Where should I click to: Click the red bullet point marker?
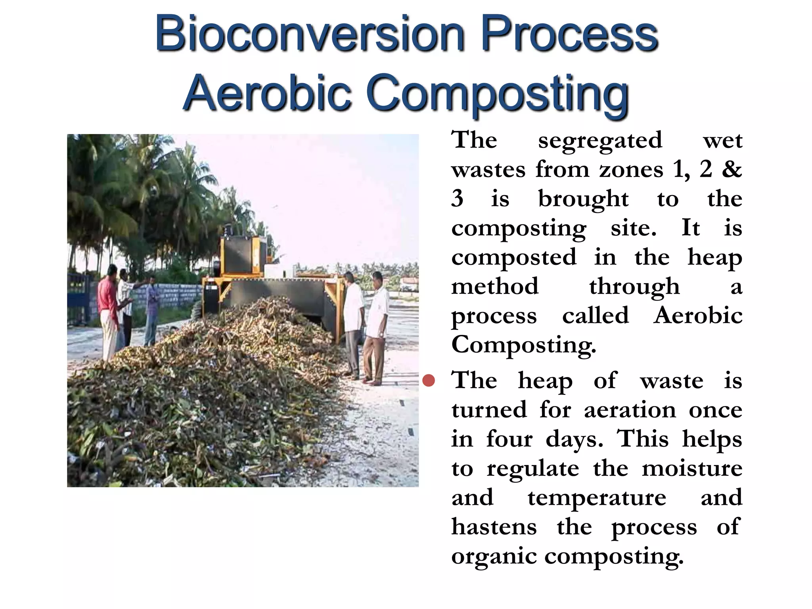point(429,381)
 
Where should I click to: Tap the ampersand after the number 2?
point(732,170)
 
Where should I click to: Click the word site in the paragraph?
point(633,228)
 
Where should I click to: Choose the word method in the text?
point(495,286)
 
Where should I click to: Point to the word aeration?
point(630,410)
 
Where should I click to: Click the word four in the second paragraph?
point(509,439)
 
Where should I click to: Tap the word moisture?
point(692,469)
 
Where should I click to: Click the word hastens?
point(494,527)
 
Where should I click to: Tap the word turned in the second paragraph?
point(489,410)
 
